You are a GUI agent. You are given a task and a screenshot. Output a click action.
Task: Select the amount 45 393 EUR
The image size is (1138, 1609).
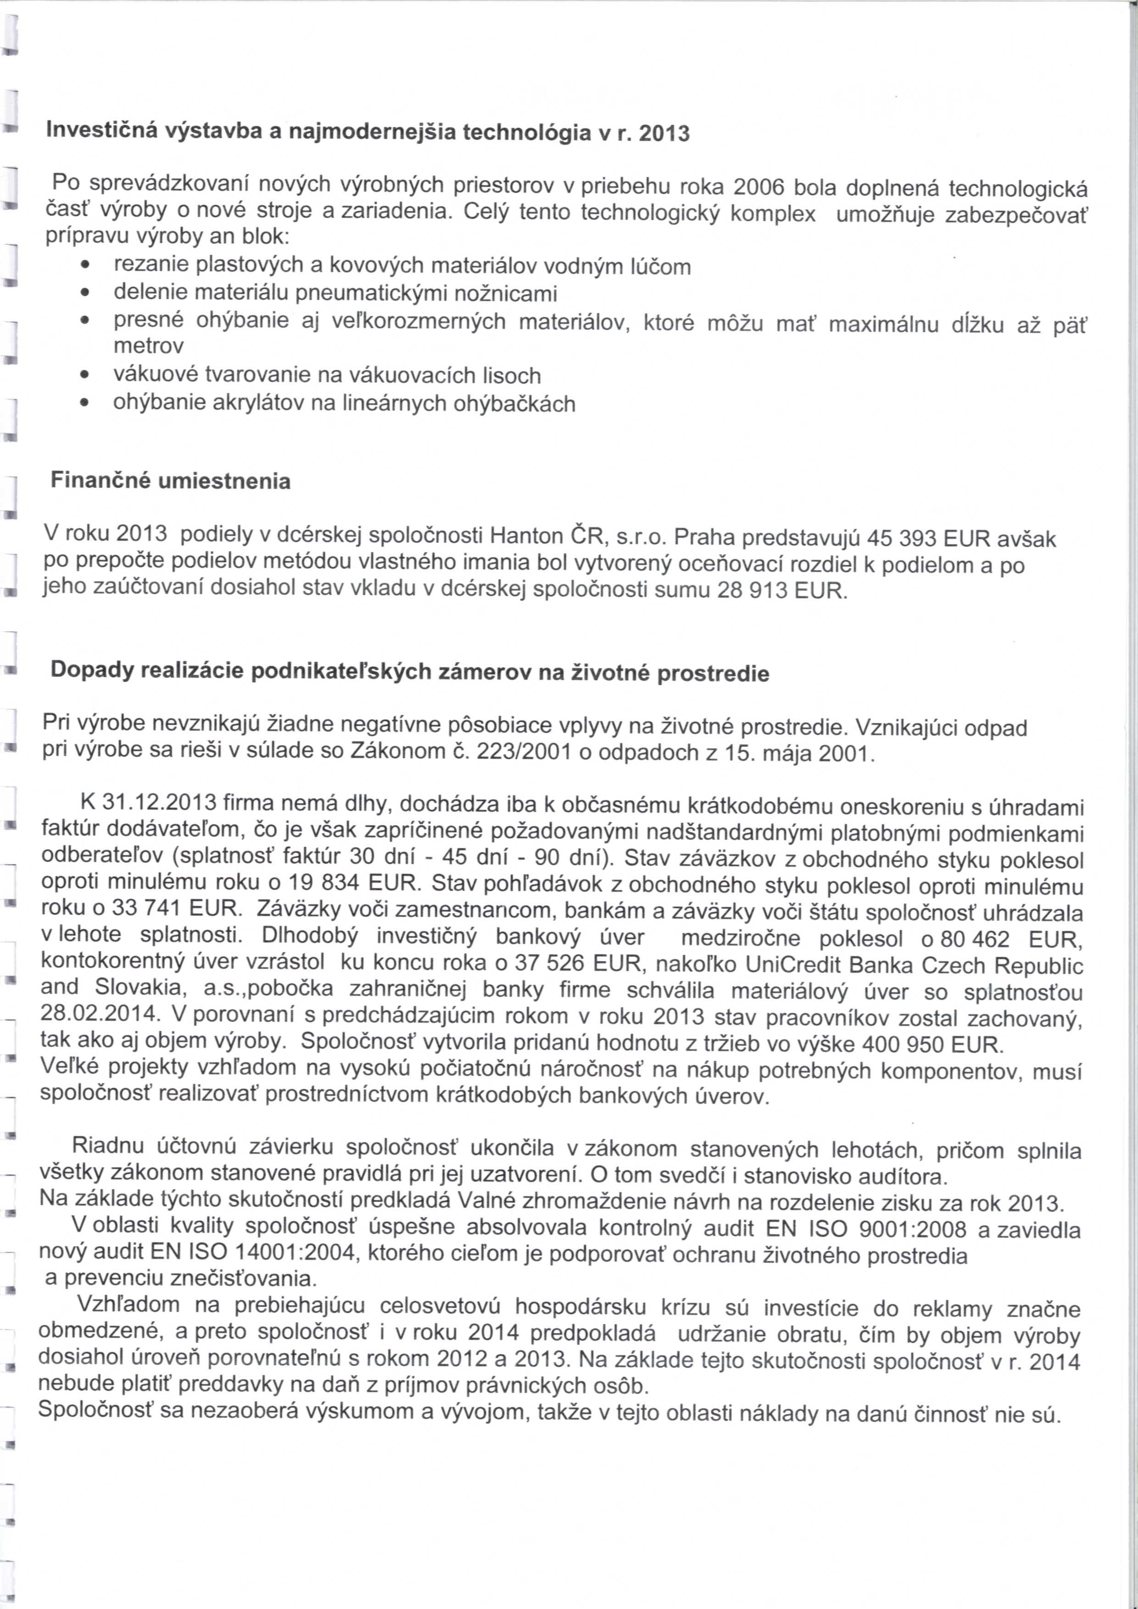tap(929, 539)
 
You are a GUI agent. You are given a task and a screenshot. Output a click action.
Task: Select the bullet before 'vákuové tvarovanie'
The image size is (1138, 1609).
tap(84, 376)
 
